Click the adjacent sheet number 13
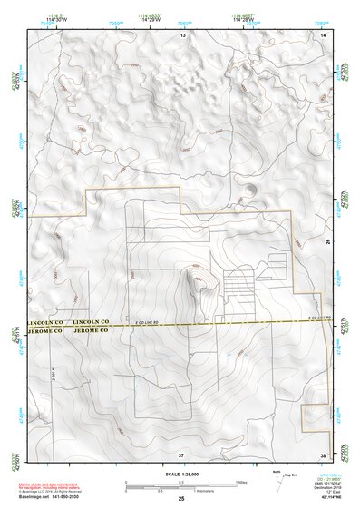click(182, 34)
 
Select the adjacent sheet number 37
click(181, 453)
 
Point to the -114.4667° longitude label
click(243, 16)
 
